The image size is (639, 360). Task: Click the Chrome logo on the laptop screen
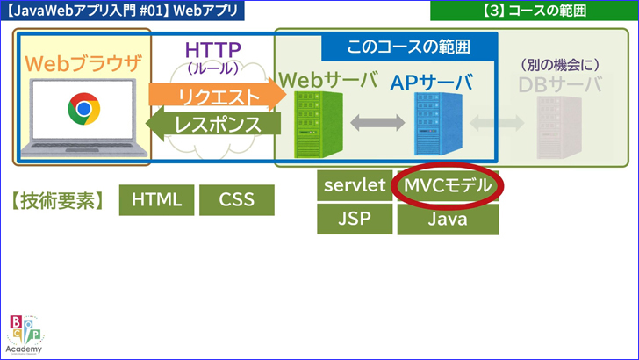[x=83, y=110]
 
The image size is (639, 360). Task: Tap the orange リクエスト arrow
[x=218, y=96]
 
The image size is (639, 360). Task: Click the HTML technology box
[x=156, y=199]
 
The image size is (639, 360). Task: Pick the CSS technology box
[x=236, y=199]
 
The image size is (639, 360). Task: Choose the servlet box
[x=354, y=185]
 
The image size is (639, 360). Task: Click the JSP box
[x=354, y=219]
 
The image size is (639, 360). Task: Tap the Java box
[x=448, y=220]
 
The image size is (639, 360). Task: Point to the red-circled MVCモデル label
[x=448, y=185]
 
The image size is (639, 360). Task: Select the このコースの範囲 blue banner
[x=409, y=47]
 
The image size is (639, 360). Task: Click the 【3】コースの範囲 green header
[x=534, y=11]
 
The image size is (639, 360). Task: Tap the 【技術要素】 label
[x=58, y=200]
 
